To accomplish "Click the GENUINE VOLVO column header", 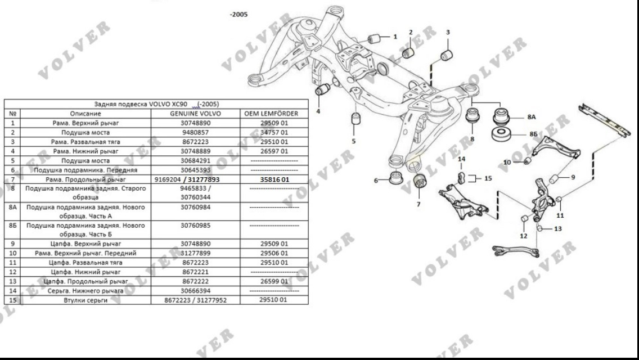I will click(196, 113).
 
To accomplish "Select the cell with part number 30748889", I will click(196, 151).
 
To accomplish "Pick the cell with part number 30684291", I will click(196, 160).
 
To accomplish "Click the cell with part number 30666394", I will click(196, 291).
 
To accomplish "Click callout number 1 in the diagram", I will click(395, 37).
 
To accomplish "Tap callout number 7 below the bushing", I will click(418, 204).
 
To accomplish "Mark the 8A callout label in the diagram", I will click(532, 118).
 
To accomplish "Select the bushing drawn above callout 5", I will click(355, 119).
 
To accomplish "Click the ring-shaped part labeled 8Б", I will click(501, 136).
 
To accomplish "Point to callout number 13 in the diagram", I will click(557, 229).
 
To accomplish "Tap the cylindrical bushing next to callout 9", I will click(555, 179).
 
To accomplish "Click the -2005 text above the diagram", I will click(238, 14).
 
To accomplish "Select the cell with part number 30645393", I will click(196, 169).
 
